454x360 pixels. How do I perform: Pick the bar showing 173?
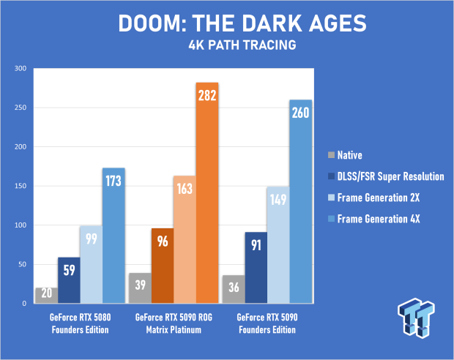coord(113,235)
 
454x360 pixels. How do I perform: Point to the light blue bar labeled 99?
coord(92,264)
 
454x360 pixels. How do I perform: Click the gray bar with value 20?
coord(47,294)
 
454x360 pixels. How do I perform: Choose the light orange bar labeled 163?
coord(185,239)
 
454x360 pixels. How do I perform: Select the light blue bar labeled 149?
coord(279,244)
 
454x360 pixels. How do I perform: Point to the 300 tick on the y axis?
coord(19,68)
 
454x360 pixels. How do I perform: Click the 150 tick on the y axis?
coord(19,185)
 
